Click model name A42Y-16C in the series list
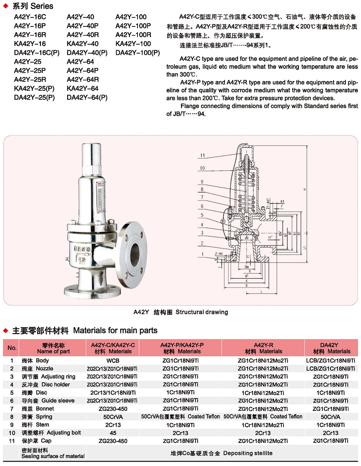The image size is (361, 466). coord(30,17)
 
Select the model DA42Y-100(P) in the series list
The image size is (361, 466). coord(138,53)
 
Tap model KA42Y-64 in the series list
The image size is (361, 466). coord(82,88)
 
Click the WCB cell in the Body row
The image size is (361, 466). coord(113,361)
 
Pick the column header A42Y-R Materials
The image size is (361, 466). coord(263,348)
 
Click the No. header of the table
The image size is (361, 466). coord(12,348)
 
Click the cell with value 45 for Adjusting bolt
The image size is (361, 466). coord(113,433)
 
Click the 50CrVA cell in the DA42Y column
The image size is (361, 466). coord(330,417)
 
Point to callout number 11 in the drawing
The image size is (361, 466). coord(203,155)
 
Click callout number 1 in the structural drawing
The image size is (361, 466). coord(203,254)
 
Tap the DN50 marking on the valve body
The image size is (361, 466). coord(82,249)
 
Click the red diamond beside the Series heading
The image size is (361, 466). coord(6,6)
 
